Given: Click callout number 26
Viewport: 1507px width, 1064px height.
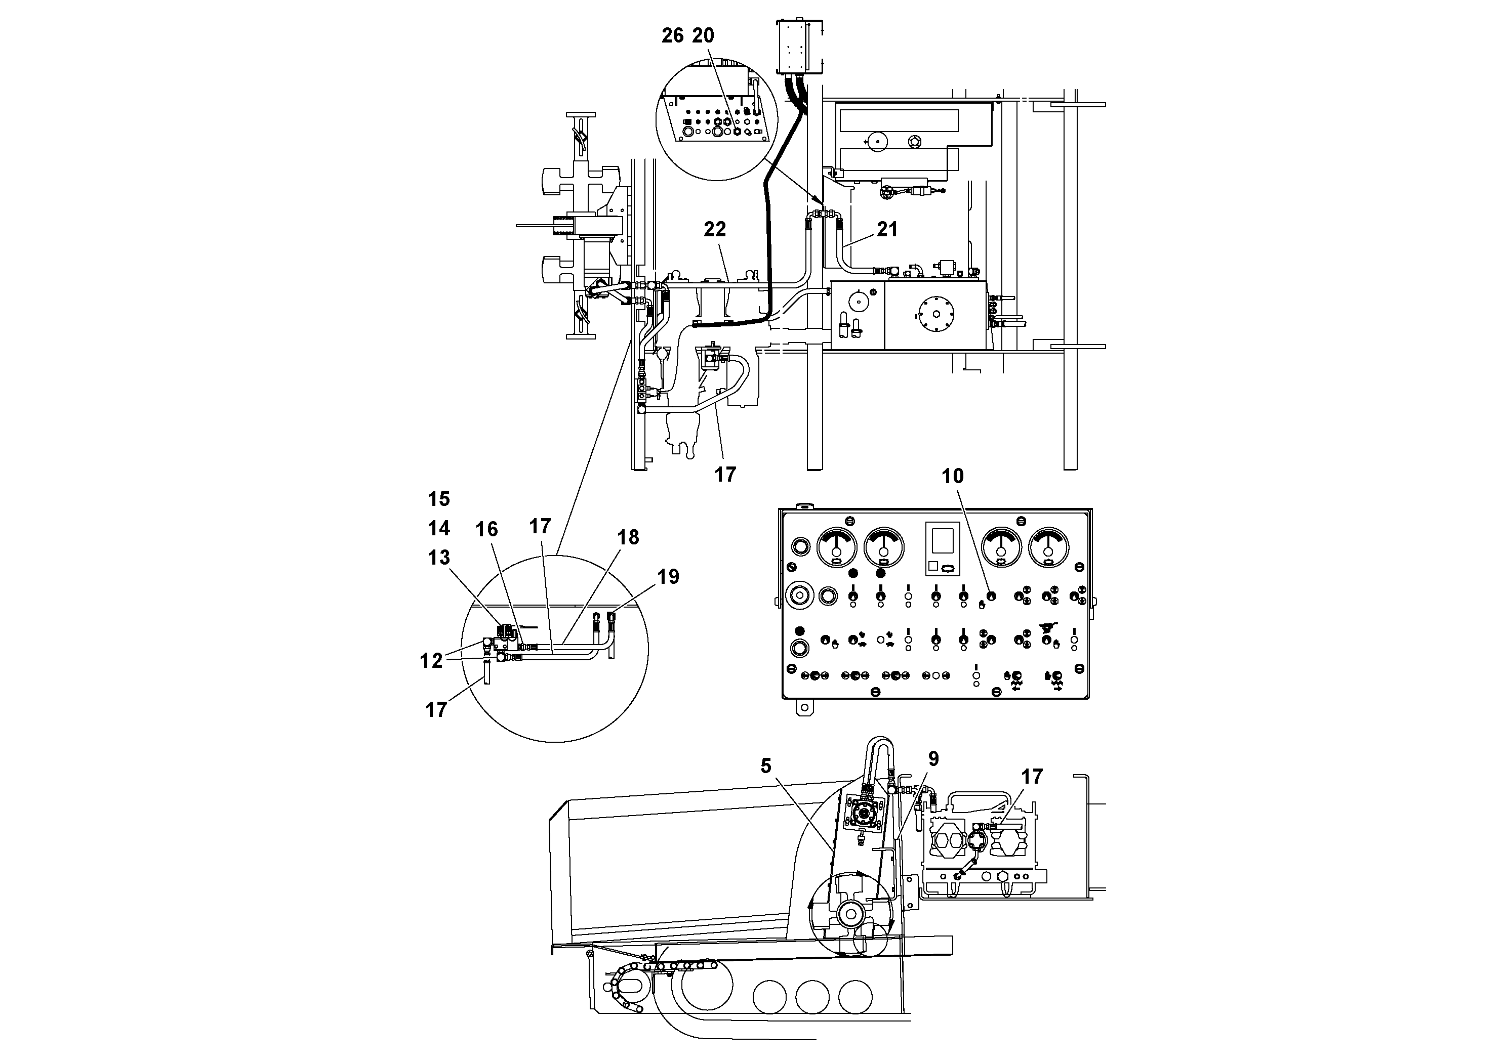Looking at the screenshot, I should pyautogui.click(x=672, y=35).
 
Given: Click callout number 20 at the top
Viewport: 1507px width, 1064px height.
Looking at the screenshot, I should pyautogui.click(x=703, y=35).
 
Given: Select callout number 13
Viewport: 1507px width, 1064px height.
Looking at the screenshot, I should pyautogui.click(x=438, y=557).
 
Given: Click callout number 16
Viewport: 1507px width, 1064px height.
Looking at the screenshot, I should pyautogui.click(x=486, y=529).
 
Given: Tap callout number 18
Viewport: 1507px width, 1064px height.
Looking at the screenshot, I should pyautogui.click(x=628, y=537).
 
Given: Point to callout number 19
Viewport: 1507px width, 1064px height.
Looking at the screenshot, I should pyautogui.click(x=668, y=577).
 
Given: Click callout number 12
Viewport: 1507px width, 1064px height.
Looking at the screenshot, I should pyautogui.click(x=431, y=661).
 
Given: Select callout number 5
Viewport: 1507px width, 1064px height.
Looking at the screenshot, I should pyautogui.click(x=765, y=765).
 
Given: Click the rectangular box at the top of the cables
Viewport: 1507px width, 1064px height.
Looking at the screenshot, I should pyautogui.click(x=799, y=47).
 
